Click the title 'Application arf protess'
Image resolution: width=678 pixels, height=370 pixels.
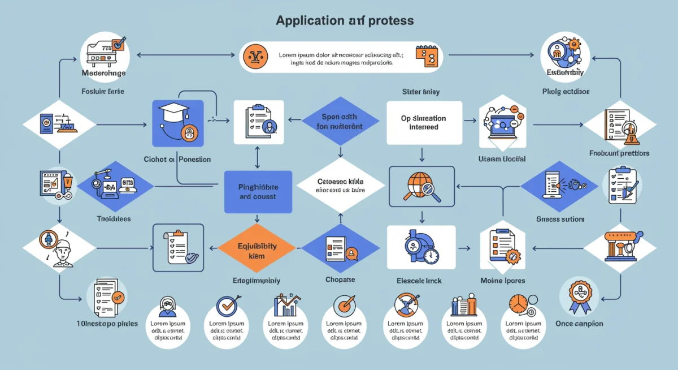(x=345, y=21)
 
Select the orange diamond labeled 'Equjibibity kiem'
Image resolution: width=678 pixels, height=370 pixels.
(x=257, y=247)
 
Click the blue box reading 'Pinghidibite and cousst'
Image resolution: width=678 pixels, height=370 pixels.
(x=258, y=192)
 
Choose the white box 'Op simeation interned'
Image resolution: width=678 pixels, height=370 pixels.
(x=423, y=123)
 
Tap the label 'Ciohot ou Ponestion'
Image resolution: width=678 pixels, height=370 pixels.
(x=177, y=159)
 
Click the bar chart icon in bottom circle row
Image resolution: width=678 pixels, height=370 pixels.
(x=286, y=306)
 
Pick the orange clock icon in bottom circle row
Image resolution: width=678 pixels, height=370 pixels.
(x=516, y=304)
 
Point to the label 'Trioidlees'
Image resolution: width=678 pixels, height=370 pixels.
(x=115, y=218)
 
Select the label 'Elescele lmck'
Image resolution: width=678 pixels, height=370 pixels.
(x=419, y=281)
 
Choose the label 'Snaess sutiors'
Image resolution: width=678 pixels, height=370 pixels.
(x=560, y=218)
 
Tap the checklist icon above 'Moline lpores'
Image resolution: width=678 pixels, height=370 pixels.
(x=503, y=247)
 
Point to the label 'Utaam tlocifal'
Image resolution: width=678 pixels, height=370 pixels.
(x=502, y=159)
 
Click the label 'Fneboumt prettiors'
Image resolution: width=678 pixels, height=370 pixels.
(x=619, y=153)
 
